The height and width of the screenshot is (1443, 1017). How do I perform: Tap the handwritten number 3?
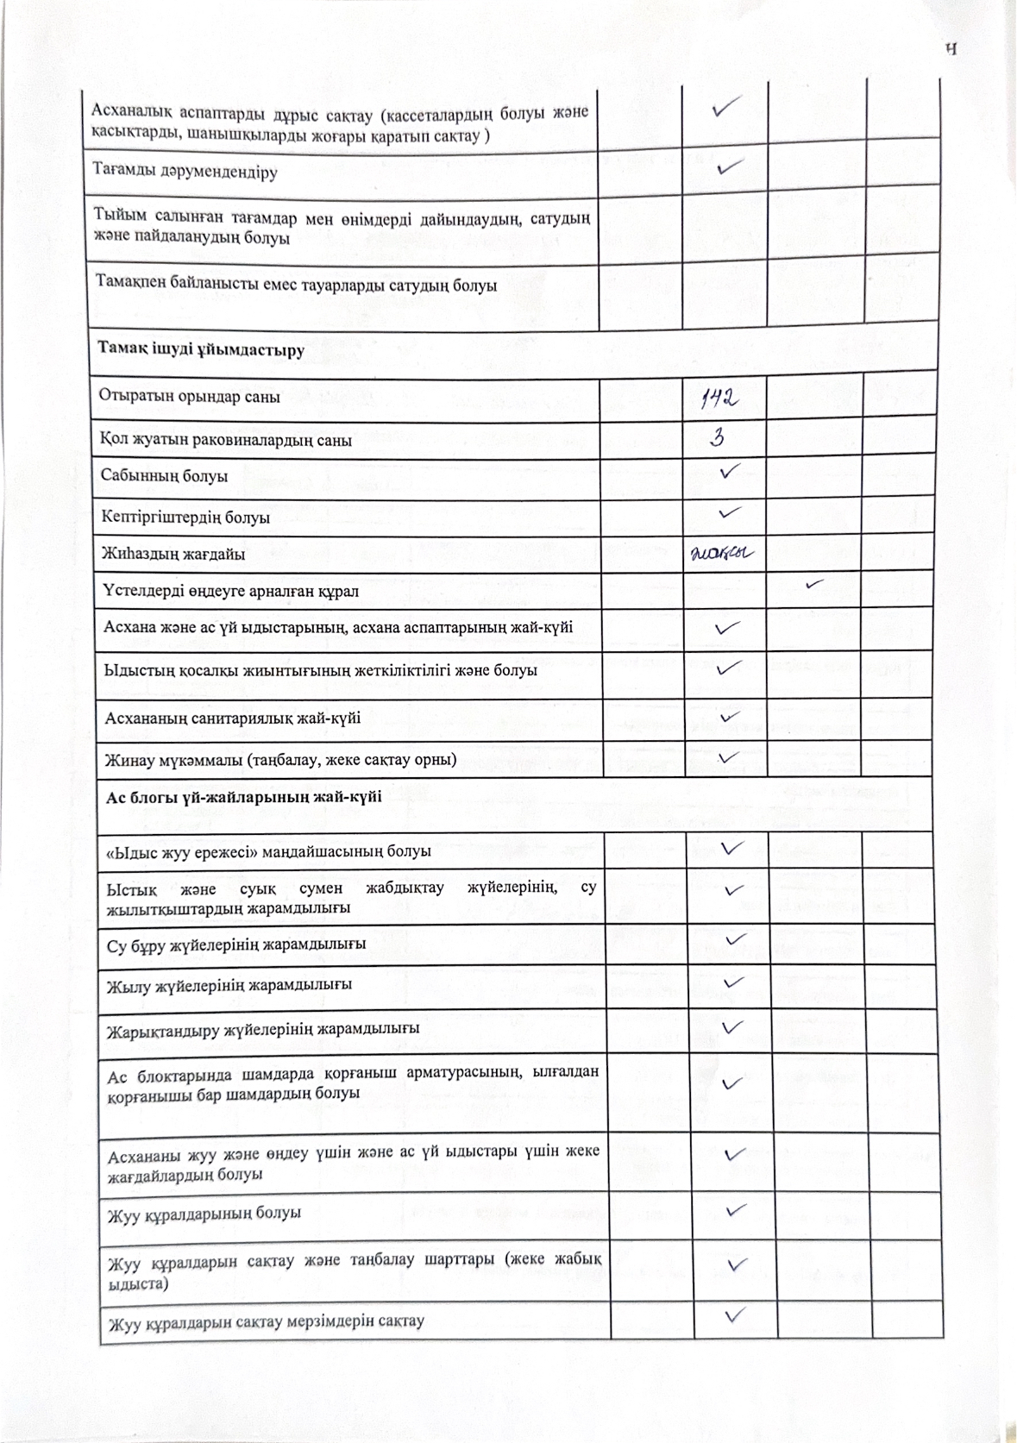coord(717,438)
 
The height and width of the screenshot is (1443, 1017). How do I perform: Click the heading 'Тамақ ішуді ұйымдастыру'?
coord(200,350)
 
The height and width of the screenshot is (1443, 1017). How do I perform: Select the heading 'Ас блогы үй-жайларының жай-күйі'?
coord(243,797)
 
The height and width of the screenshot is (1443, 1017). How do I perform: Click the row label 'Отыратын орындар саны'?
coord(190,397)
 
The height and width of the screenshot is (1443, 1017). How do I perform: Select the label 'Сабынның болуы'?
coord(164,476)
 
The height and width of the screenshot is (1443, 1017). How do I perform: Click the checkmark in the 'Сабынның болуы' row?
coord(730,472)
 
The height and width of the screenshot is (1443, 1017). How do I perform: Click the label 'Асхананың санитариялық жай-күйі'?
coord(232,718)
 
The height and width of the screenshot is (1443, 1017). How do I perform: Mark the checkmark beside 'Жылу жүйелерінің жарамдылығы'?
coord(734,982)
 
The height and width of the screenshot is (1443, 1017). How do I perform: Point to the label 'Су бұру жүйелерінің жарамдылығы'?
coord(235,944)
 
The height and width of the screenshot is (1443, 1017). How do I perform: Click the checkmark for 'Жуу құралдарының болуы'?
coord(736,1210)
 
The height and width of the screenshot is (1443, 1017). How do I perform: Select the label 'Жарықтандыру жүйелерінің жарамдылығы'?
coord(263,1029)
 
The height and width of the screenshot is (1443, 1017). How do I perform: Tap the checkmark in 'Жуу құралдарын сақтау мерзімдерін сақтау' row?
coord(735,1315)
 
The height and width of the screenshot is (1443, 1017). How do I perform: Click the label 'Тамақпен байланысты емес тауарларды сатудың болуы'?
coord(296,285)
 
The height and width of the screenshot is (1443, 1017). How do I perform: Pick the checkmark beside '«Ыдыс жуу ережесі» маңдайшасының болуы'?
coord(731,849)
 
